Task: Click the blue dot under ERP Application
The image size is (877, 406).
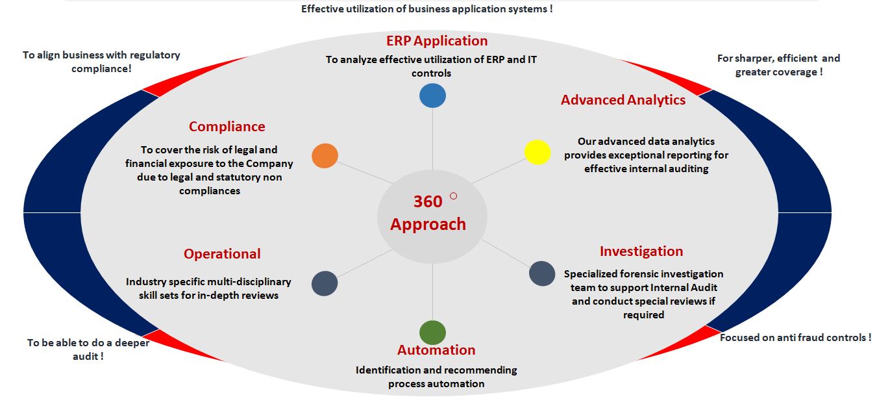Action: click(432, 95)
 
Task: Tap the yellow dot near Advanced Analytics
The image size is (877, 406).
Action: click(537, 152)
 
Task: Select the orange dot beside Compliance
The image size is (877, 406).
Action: click(325, 156)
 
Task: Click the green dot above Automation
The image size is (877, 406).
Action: click(432, 332)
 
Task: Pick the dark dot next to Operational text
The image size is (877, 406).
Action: click(325, 284)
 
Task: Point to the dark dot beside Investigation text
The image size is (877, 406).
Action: click(542, 273)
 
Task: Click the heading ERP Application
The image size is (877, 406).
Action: click(437, 41)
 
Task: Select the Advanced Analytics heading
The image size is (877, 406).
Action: click(623, 100)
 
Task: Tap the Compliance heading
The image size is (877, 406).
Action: click(227, 127)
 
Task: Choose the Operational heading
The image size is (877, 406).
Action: click(222, 254)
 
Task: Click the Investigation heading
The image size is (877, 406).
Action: click(641, 251)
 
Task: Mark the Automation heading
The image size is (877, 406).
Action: click(436, 350)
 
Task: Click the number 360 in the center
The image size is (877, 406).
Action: click(428, 202)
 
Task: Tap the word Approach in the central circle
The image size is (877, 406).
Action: click(428, 225)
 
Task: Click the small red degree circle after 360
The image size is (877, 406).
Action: click(454, 196)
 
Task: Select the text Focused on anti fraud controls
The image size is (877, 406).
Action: click(795, 338)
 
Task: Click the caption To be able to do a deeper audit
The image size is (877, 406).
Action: click(88, 349)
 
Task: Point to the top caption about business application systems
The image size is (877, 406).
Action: click(426, 9)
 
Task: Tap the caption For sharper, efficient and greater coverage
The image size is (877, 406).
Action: click(778, 65)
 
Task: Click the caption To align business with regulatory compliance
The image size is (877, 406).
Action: click(101, 62)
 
